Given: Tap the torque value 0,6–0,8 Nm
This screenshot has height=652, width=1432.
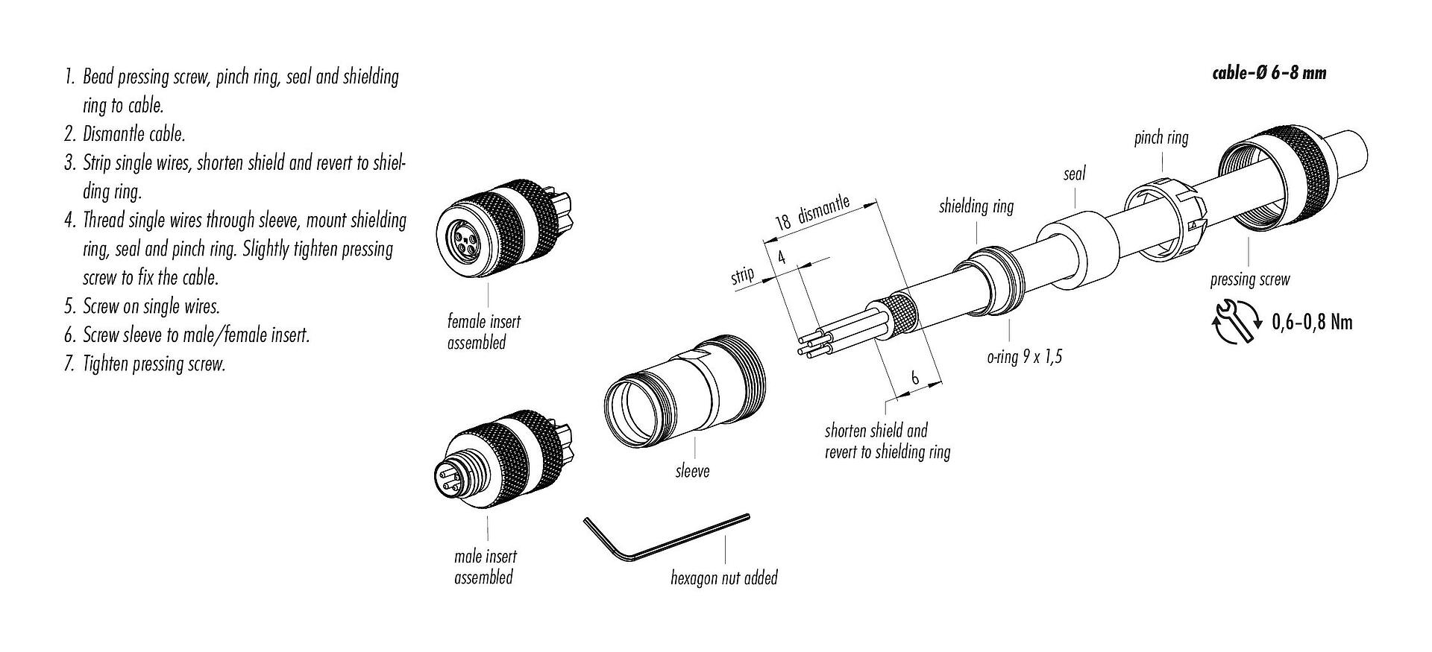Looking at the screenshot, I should point(1311,323).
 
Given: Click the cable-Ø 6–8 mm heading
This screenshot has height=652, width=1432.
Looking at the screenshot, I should point(1268,73).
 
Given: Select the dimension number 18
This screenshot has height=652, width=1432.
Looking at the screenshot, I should point(782,222).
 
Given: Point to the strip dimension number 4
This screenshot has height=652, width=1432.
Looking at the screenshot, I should point(782,258).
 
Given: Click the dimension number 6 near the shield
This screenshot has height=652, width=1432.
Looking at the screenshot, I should point(915,377).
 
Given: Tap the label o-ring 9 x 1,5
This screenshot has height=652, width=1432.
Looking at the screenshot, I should point(1024,357).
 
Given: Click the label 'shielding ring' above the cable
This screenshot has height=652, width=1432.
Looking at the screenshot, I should point(976,206).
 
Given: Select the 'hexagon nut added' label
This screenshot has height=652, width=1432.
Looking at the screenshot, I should point(723,577).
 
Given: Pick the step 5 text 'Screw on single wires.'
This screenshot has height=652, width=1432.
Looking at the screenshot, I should point(151,306).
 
